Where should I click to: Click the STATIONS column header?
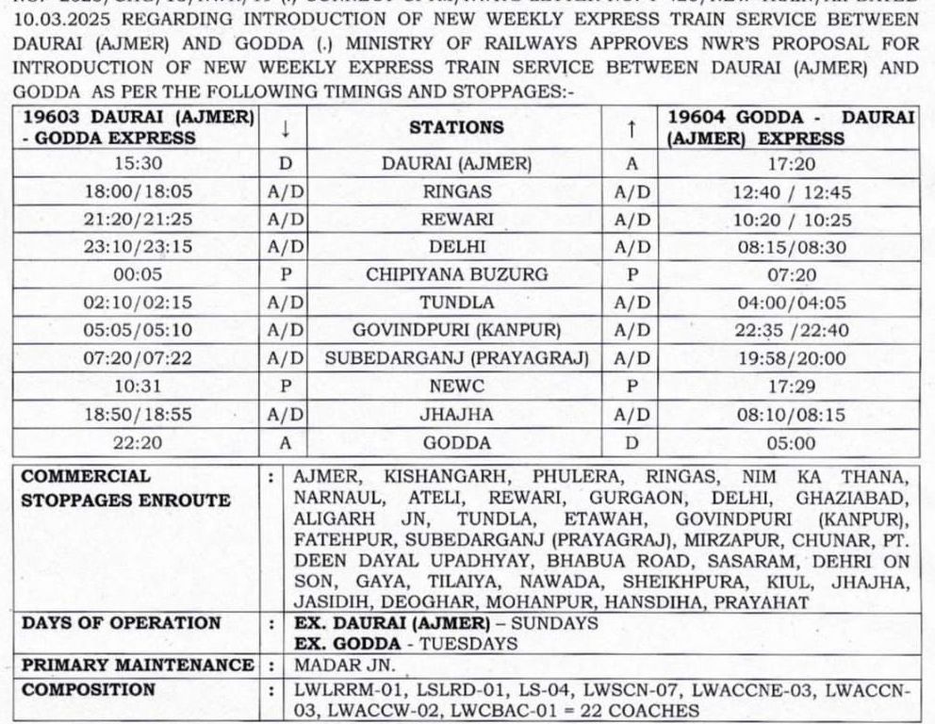click(457, 127)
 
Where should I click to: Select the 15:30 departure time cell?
click(139, 163)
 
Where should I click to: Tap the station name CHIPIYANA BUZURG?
click(457, 274)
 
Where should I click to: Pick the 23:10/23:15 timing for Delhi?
click(139, 247)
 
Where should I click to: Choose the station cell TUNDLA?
click(457, 303)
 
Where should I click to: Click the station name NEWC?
click(457, 386)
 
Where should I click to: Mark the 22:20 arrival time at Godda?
click(139, 441)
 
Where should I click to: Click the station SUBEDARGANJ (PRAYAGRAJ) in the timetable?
click(457, 358)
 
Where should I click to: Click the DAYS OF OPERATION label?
click(122, 623)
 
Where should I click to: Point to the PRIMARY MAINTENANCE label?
click(138, 666)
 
